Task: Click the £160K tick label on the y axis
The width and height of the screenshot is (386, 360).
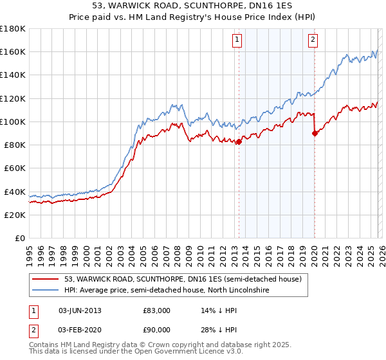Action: point(13,51)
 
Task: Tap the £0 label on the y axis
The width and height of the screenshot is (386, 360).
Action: point(21,238)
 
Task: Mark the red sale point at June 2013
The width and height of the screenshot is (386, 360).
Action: point(239,141)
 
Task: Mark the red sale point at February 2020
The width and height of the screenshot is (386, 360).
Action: point(315,133)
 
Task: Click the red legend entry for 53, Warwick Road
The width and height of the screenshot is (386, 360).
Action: point(187,280)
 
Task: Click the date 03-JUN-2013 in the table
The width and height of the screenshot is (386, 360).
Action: point(80,310)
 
